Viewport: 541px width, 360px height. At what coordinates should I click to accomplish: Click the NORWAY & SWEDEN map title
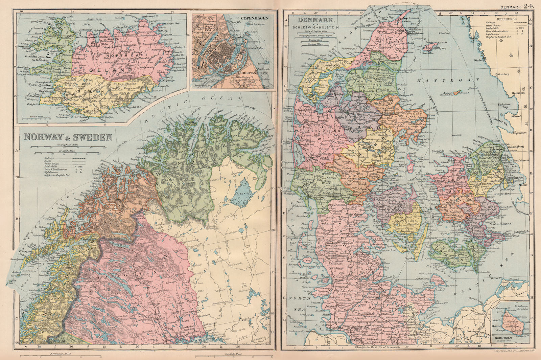coord(68,137)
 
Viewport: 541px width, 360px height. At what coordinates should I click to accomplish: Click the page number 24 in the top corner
coord(529,5)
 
